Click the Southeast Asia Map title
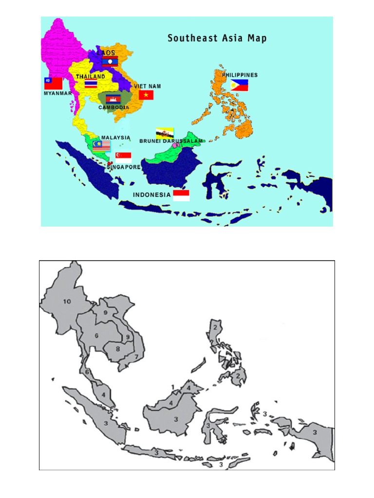[217, 38]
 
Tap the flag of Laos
[110, 61]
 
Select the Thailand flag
[91, 84]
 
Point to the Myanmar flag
[54, 83]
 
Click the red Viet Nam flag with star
[146, 95]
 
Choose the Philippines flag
[240, 85]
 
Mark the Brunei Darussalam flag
[165, 132]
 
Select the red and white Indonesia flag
[181, 196]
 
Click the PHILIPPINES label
[240, 75]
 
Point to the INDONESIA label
[152, 195]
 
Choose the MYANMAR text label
[58, 93]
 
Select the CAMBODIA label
[114, 107]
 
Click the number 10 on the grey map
[67, 301]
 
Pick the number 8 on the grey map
[117, 349]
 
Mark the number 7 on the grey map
[136, 357]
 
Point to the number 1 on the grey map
[172, 387]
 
